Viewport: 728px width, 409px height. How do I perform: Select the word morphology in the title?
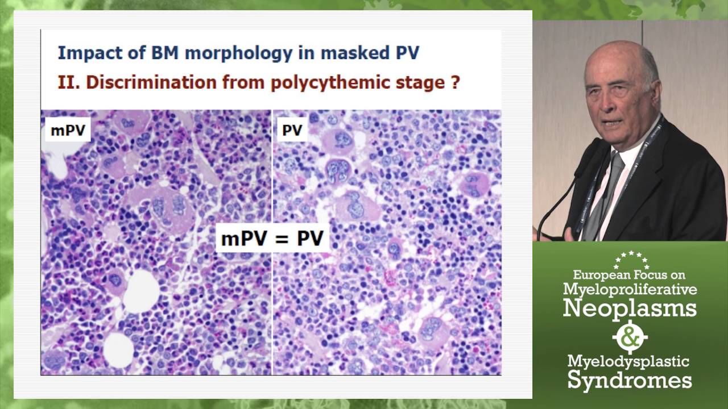click(x=225, y=53)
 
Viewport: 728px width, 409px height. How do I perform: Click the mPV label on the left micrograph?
click(x=68, y=131)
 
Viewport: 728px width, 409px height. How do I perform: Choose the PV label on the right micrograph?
click(x=292, y=131)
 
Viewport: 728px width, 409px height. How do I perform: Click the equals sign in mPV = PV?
click(x=275, y=238)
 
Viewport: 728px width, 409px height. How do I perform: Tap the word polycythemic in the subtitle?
click(x=326, y=82)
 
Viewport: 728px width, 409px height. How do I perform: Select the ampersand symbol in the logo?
click(x=630, y=337)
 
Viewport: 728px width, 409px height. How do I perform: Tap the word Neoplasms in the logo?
click(x=630, y=308)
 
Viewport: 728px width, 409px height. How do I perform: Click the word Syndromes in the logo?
click(x=630, y=380)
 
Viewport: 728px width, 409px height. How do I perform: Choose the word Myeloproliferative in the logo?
click(x=630, y=290)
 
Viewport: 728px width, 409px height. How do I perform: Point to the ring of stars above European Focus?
click(x=631, y=260)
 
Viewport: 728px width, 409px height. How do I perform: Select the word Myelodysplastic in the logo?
click(x=628, y=361)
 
